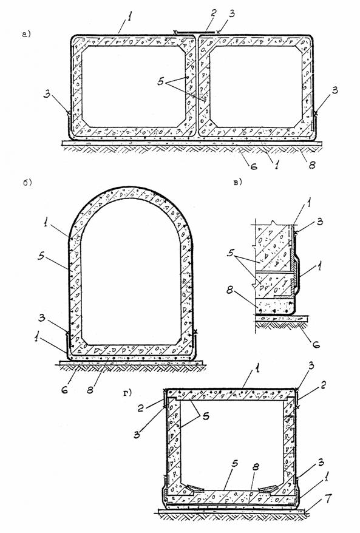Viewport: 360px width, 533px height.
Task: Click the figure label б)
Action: (27, 183)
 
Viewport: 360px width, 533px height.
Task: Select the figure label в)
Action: (237, 183)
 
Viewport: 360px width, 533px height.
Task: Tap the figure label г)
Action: (127, 393)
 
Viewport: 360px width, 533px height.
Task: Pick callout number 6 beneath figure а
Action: (254, 166)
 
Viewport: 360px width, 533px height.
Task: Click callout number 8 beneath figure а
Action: (311, 165)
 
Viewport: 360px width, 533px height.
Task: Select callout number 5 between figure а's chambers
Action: (161, 81)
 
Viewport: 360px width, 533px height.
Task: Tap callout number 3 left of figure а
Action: (47, 94)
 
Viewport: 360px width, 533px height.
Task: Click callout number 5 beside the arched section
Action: (41, 256)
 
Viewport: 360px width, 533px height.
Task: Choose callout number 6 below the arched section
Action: (64, 389)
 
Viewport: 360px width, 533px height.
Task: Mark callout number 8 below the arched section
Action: (90, 389)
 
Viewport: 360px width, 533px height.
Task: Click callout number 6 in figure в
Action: (316, 344)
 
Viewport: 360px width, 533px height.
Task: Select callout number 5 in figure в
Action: (231, 253)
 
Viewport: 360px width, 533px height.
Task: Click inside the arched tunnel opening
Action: (131, 272)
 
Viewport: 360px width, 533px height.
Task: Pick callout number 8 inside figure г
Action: (255, 467)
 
